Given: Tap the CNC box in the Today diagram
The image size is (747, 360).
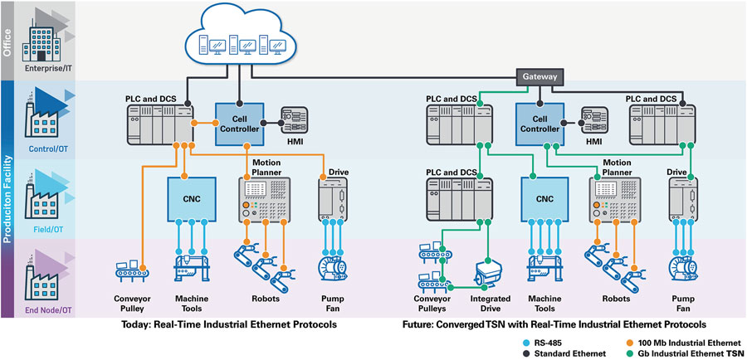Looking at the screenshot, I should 192,199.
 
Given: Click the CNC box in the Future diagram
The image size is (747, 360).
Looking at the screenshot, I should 544,199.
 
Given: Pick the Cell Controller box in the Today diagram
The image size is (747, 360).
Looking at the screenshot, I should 240,124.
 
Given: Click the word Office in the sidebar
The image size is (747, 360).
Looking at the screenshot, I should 9,40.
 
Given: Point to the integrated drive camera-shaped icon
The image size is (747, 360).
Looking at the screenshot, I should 489,270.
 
